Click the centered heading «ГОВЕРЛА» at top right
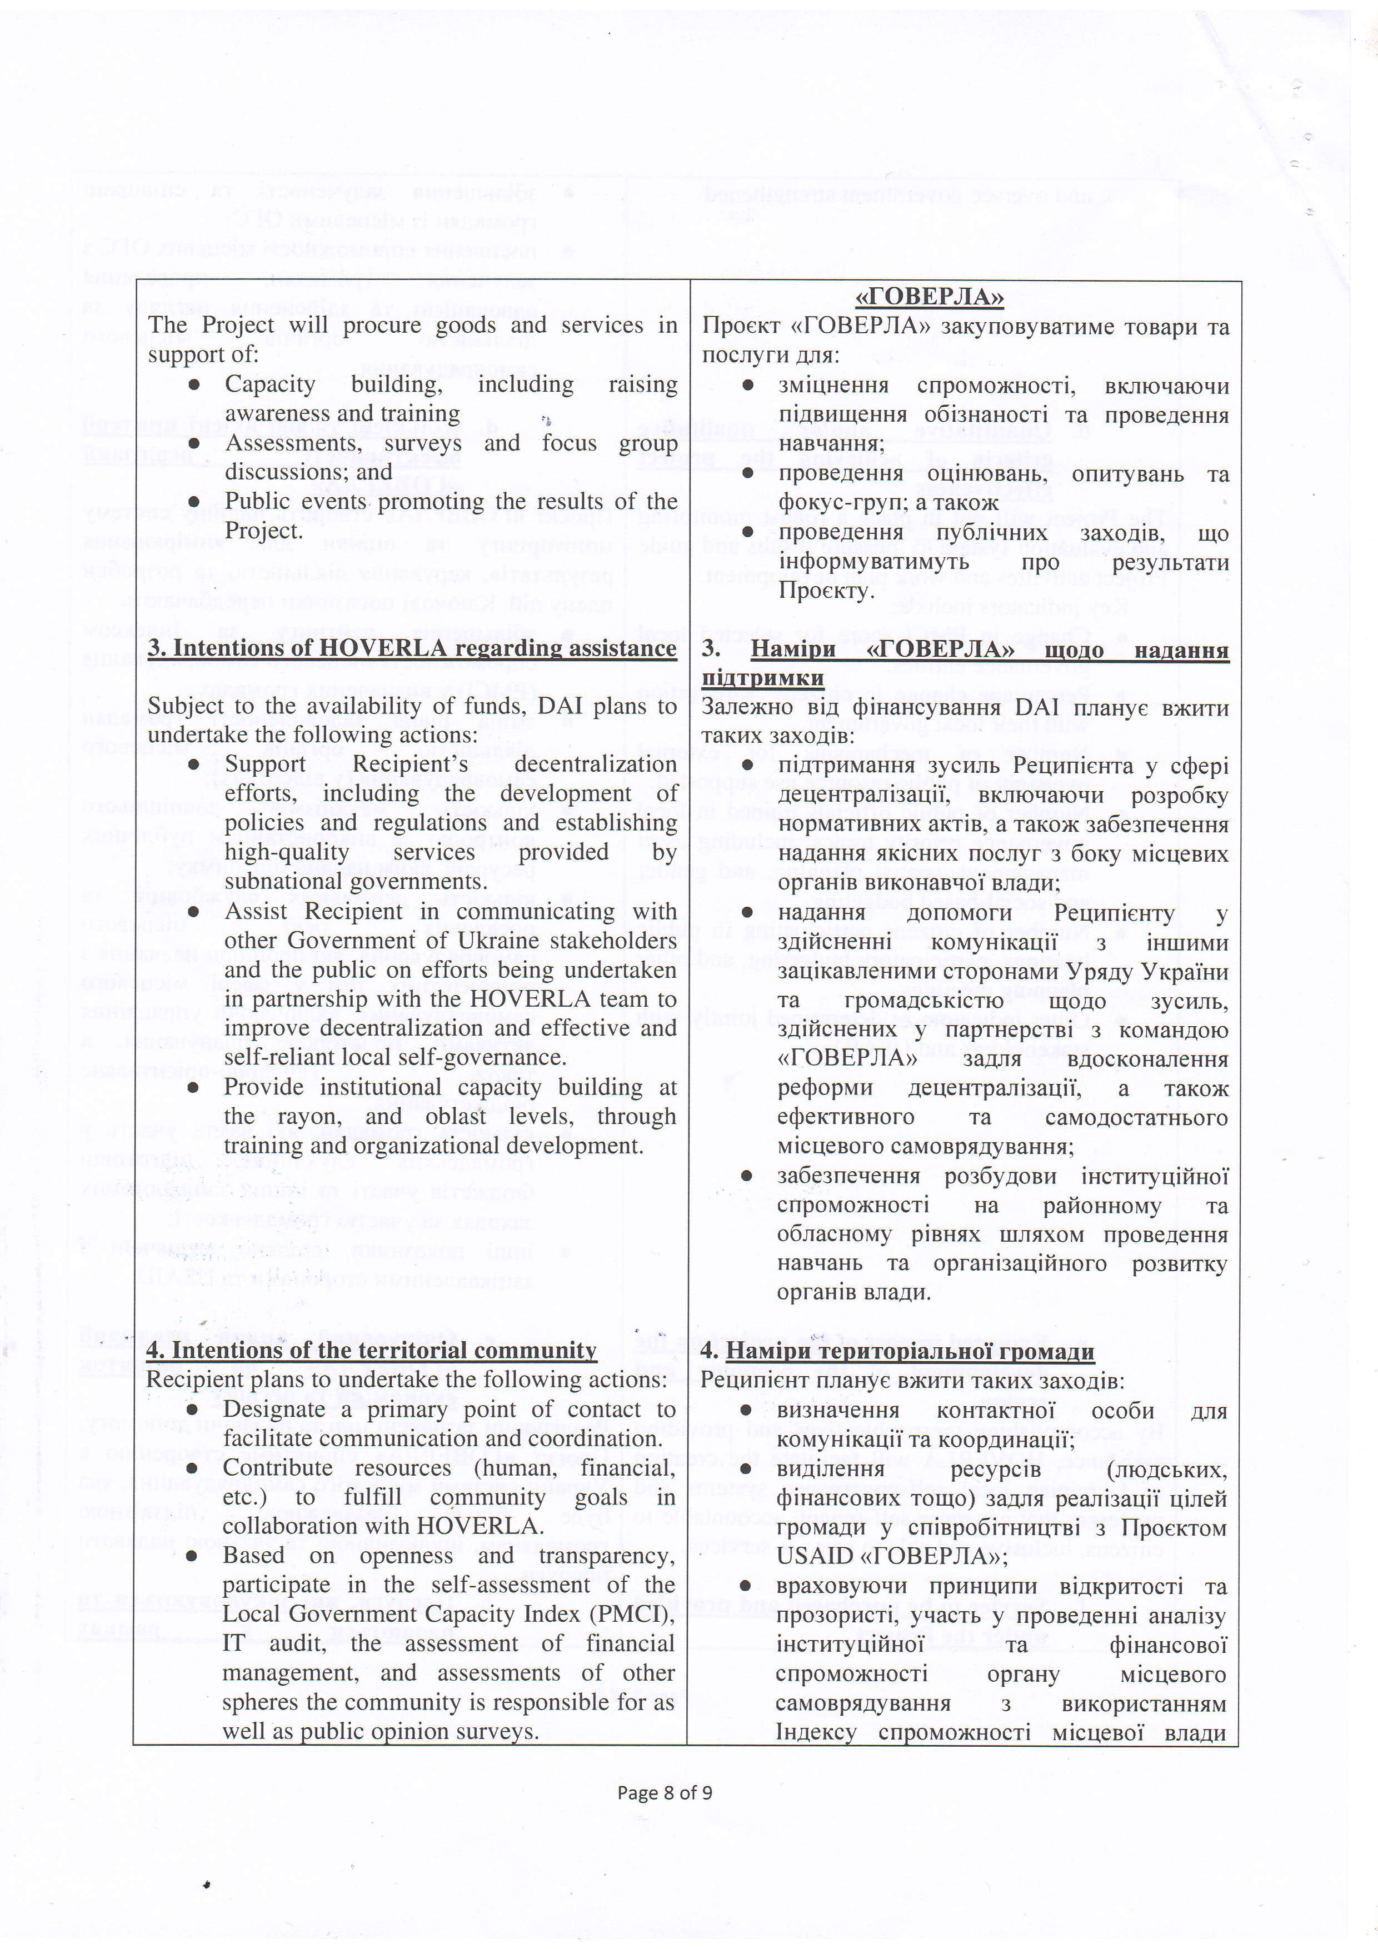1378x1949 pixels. pos(928,297)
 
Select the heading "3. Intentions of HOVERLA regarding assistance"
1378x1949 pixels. pos(412,648)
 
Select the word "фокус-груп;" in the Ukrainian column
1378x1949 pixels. pos(832,503)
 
